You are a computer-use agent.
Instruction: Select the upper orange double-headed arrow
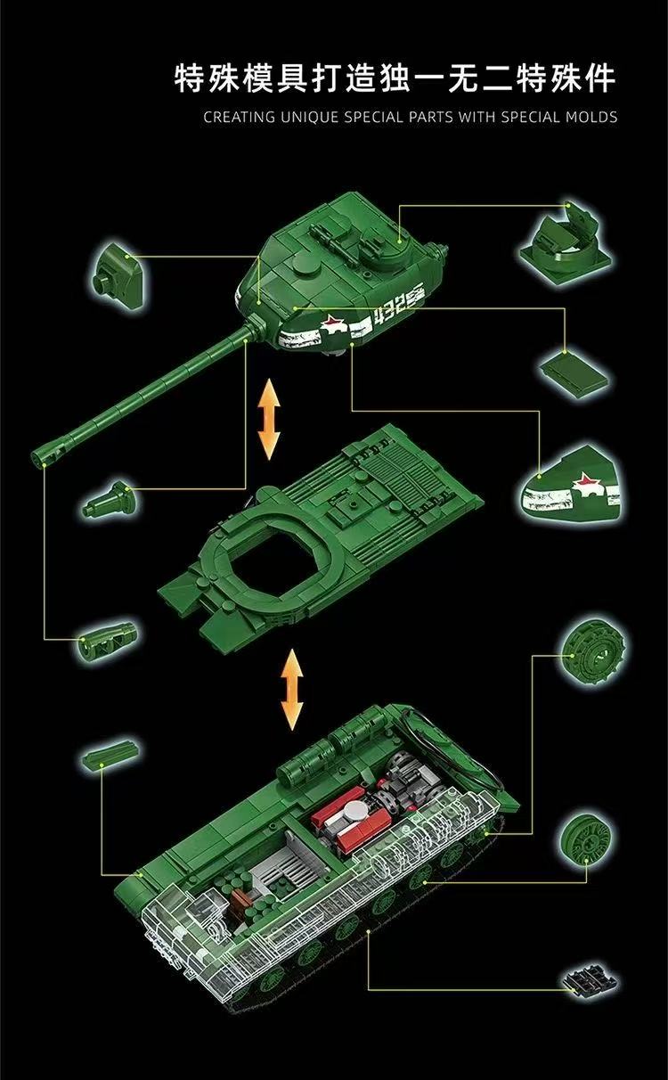(x=268, y=419)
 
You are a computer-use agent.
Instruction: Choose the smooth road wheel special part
(x=585, y=838)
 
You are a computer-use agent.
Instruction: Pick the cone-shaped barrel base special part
(x=107, y=500)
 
